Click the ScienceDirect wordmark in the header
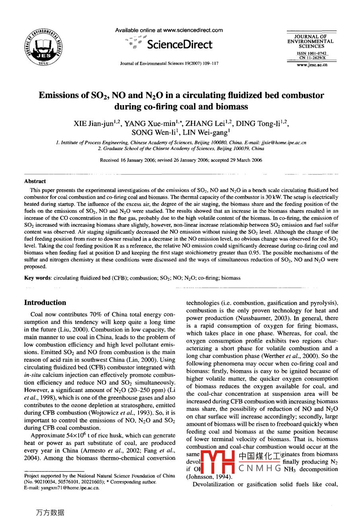(x=180, y=45)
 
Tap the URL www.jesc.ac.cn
(x=312, y=65)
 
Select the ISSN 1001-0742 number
(x=312, y=53)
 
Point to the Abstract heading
(x=35, y=181)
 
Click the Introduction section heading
(x=45, y=302)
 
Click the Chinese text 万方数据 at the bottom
(x=50, y=513)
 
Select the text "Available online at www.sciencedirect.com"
(x=169, y=30)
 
